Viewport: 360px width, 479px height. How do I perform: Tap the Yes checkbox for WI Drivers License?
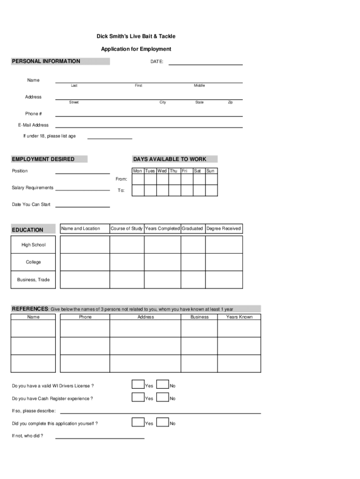(x=138, y=385)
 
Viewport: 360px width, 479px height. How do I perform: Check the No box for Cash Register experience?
(x=162, y=397)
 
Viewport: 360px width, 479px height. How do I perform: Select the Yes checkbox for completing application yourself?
(x=138, y=422)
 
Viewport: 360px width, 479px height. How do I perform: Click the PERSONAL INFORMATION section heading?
(x=46, y=61)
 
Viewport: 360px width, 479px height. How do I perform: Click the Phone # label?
(x=34, y=114)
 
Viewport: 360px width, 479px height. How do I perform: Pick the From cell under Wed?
(x=162, y=179)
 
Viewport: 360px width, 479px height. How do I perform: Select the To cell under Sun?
(x=211, y=190)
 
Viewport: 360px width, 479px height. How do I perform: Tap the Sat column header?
(x=198, y=171)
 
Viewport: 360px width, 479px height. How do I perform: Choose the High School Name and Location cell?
(x=85, y=245)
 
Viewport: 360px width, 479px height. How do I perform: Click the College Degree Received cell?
(x=224, y=262)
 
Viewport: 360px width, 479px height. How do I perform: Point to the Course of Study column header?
(x=127, y=229)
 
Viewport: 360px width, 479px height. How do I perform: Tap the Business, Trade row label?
(x=33, y=280)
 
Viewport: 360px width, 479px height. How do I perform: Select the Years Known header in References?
(x=239, y=317)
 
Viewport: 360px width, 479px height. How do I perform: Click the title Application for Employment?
(x=136, y=49)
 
